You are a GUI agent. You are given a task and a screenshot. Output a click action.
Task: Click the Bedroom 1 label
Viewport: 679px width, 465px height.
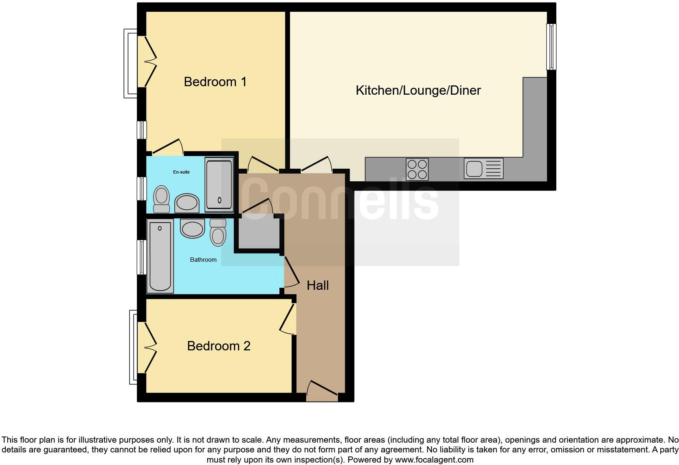tap(215, 82)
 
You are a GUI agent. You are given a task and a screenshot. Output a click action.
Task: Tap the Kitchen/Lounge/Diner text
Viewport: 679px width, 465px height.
tap(418, 90)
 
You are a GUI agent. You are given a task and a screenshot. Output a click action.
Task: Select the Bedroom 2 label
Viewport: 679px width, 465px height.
tap(218, 346)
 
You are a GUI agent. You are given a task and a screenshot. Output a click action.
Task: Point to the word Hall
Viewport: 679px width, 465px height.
tap(318, 285)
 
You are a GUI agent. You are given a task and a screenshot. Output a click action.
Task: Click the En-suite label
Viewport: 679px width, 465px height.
tap(181, 172)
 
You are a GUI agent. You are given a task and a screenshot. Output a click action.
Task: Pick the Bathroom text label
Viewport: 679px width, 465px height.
tap(203, 260)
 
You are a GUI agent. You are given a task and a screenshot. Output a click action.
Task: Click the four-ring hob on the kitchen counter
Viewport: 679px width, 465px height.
tap(417, 169)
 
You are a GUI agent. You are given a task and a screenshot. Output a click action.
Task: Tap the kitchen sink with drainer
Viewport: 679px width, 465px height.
tap(483, 169)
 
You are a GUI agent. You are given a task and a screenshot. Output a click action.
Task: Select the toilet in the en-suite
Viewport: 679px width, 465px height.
tap(162, 199)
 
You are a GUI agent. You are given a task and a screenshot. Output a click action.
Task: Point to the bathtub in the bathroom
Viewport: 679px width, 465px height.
tap(160, 256)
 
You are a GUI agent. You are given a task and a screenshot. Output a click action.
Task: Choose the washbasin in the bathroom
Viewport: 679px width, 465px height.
tap(192, 228)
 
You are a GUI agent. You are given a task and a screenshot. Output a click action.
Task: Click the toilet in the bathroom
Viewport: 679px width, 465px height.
tap(218, 232)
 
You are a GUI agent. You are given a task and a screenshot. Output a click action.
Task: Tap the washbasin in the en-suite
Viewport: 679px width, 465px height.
tap(187, 203)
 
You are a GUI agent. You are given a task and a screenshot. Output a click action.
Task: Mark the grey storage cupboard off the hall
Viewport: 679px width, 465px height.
tap(259, 234)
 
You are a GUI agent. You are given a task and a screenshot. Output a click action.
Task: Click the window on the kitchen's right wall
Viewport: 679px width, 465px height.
tap(551, 46)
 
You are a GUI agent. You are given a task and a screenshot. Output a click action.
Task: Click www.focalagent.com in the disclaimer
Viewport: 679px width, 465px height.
tap(434, 460)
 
